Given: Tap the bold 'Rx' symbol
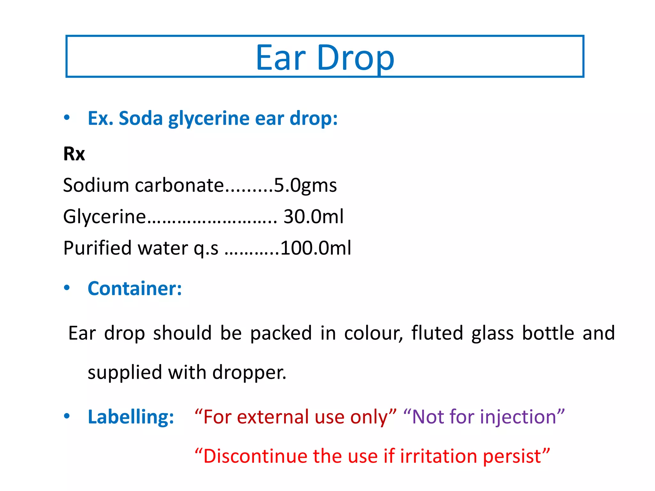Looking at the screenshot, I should click(74, 154).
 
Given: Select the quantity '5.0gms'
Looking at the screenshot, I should click(305, 185).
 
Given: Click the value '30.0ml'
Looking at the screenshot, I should click(313, 217).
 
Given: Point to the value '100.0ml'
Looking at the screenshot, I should click(316, 248).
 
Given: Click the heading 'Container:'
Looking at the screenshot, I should click(135, 288).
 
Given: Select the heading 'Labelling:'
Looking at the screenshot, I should click(131, 417).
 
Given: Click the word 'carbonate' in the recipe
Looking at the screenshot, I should click(179, 185).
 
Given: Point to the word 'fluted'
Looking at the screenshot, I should click(437, 333).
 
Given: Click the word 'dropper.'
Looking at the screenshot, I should click(249, 372).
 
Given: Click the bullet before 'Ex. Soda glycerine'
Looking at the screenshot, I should click(67, 117).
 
